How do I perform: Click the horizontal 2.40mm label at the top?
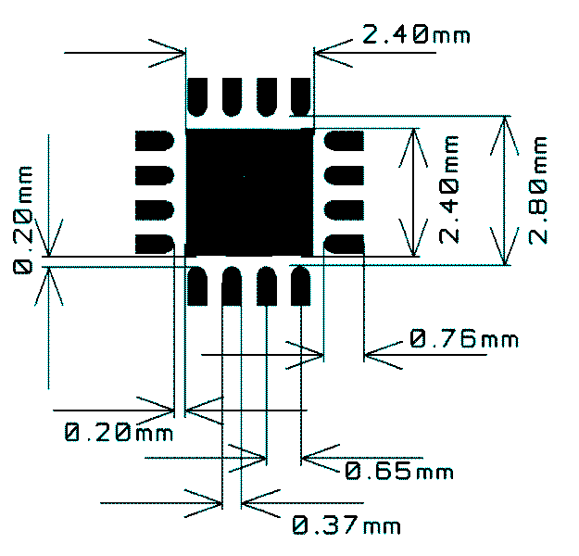416,35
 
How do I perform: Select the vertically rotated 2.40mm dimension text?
450,189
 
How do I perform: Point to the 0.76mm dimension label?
463,339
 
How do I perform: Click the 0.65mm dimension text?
399,471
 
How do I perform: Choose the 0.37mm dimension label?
347,525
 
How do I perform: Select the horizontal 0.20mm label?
120,431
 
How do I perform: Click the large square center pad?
249,191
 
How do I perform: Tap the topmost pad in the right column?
343,141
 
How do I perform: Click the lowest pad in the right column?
343,244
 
